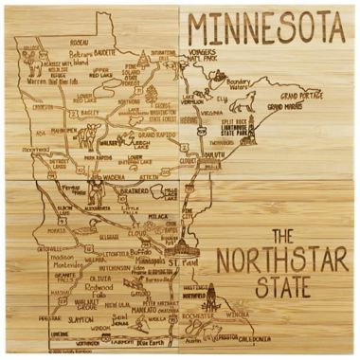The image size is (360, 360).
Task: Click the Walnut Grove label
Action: pos(86,304)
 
